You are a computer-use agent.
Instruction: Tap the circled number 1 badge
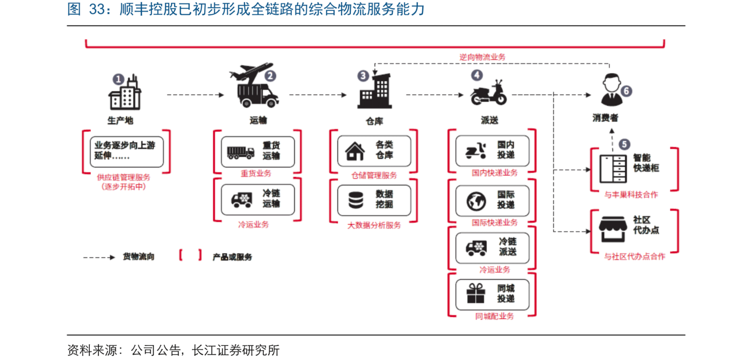(118, 79)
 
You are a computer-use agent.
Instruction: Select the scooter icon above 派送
(488, 94)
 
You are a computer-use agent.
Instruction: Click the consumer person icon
(612, 90)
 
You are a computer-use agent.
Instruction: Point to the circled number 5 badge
(624, 144)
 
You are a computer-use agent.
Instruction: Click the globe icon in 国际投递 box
(476, 201)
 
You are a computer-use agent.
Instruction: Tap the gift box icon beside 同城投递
(476, 294)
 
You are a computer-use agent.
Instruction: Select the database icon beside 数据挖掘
(355, 200)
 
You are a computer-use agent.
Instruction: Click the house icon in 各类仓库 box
(355, 151)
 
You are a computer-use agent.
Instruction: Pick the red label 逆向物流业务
(482, 57)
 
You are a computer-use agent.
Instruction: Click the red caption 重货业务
(256, 173)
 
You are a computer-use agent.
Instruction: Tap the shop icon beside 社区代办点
(613, 229)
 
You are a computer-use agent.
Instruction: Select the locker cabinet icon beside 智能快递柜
(613, 169)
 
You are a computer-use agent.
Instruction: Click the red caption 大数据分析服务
(374, 225)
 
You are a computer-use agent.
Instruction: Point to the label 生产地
(120, 120)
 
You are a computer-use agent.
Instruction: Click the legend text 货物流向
(138, 257)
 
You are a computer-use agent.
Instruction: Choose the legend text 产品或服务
(232, 257)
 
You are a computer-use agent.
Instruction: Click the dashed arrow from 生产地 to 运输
(195, 95)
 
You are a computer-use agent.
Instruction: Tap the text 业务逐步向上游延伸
(124, 151)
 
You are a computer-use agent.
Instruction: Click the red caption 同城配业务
(494, 316)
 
